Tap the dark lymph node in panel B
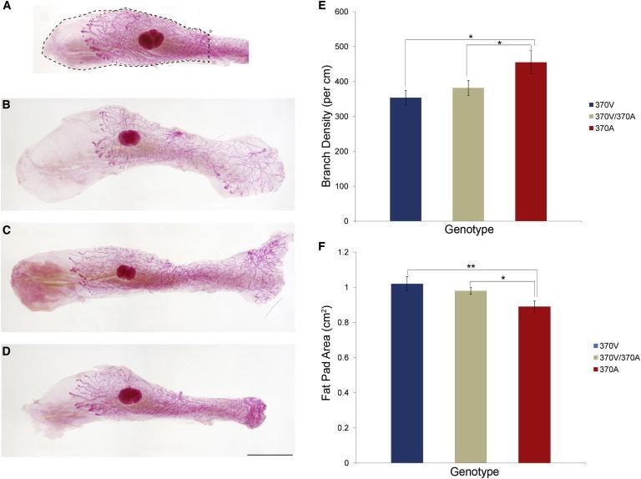click(129, 139)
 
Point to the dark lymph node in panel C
click(126, 272)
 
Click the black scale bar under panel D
click(271, 454)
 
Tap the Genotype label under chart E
click(467, 231)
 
